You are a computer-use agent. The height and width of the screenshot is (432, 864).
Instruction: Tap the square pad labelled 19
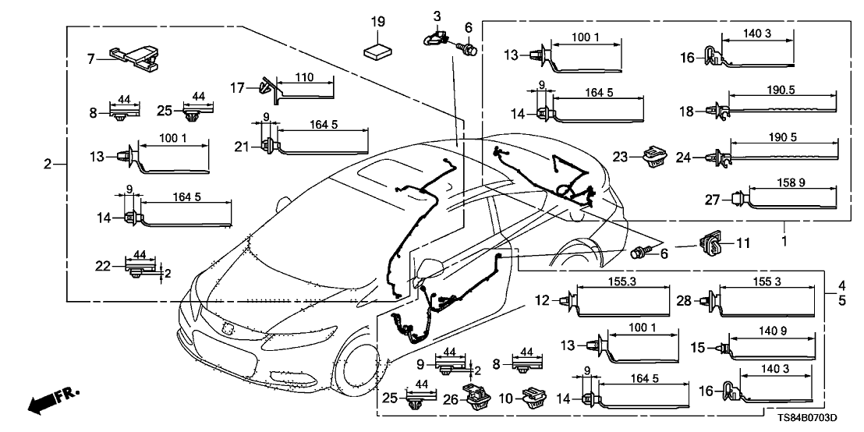coord(378,51)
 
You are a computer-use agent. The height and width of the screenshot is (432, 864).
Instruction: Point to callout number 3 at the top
coord(437,16)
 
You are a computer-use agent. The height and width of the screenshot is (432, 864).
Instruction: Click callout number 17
coord(239,87)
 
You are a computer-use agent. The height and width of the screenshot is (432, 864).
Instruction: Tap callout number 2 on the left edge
coord(48,165)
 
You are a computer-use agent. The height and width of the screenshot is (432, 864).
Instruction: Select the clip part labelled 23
coord(653,158)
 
